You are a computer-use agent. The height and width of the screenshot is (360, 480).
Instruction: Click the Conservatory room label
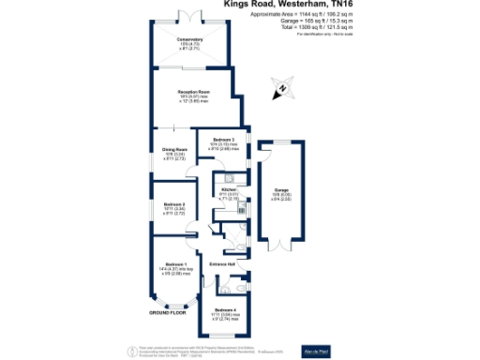tap(190, 39)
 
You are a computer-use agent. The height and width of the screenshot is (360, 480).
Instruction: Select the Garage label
tap(280, 190)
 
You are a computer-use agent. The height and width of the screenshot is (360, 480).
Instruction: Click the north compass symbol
tap(281, 90)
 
